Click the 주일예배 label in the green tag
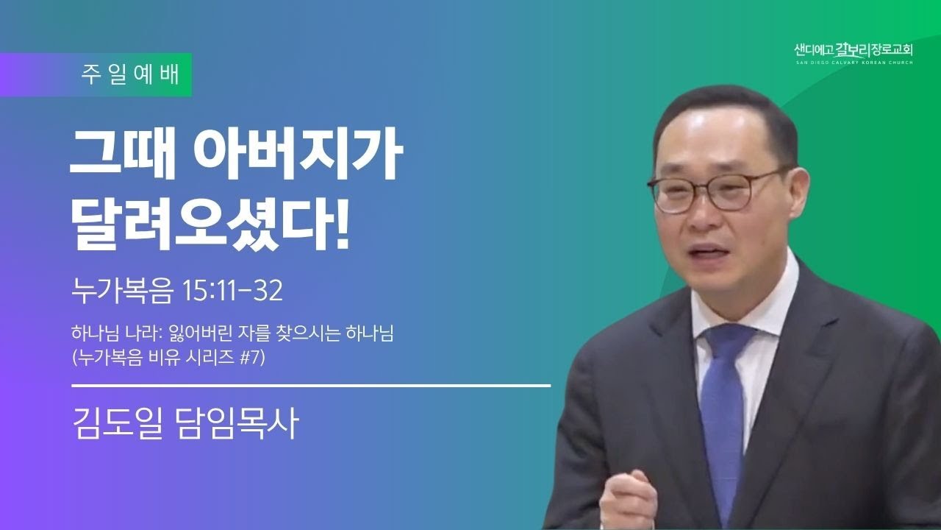click(130, 75)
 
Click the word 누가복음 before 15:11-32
click(122, 290)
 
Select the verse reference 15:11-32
click(233, 290)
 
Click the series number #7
click(252, 358)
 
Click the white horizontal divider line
click(311, 385)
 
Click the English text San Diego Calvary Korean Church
click(854, 63)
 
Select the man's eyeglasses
click(714, 191)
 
